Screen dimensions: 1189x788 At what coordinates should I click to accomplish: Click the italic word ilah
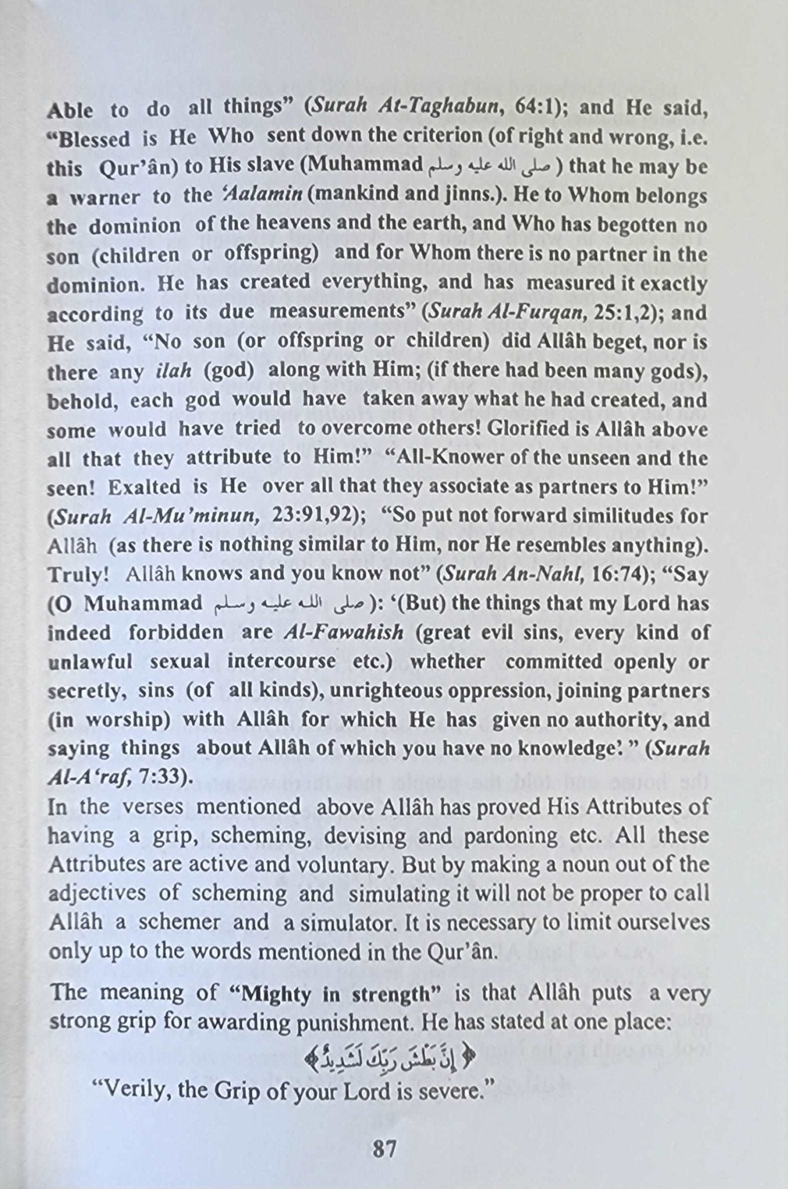(x=174, y=371)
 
